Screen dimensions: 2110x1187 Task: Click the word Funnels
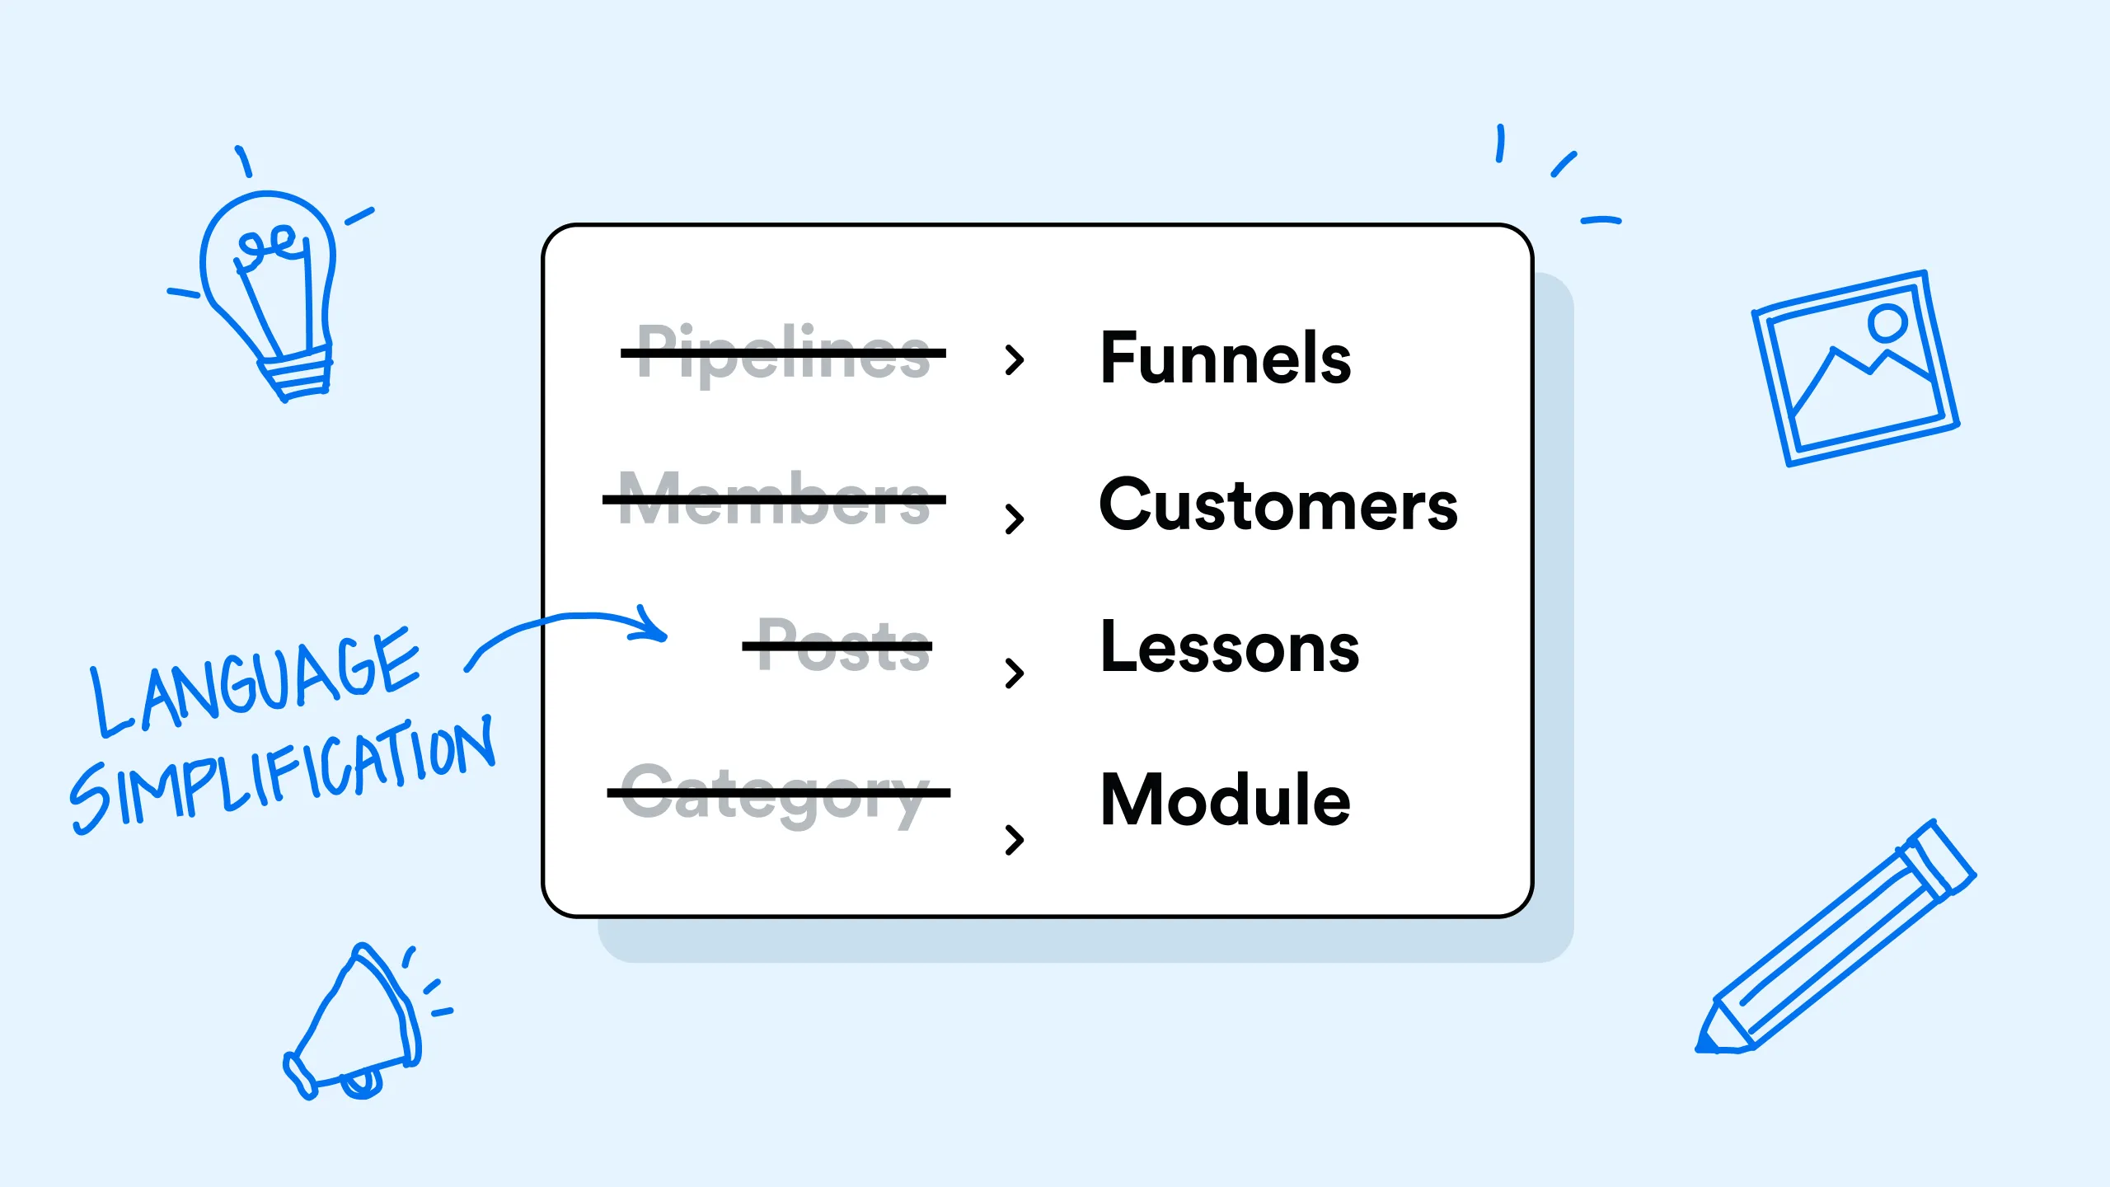1226,358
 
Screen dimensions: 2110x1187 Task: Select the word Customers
1278,504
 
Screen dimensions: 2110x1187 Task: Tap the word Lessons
1230,647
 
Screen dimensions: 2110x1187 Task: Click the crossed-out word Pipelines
783,354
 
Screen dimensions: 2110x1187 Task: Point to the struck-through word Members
775,499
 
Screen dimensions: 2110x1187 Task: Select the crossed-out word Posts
837,645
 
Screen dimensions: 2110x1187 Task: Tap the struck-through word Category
779,794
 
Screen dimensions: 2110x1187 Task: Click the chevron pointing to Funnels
1015,360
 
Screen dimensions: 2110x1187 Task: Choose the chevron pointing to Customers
1015,518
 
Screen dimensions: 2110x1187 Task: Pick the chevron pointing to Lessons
1015,673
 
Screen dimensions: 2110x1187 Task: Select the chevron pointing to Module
1015,839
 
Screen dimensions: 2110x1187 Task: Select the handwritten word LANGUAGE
256,680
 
